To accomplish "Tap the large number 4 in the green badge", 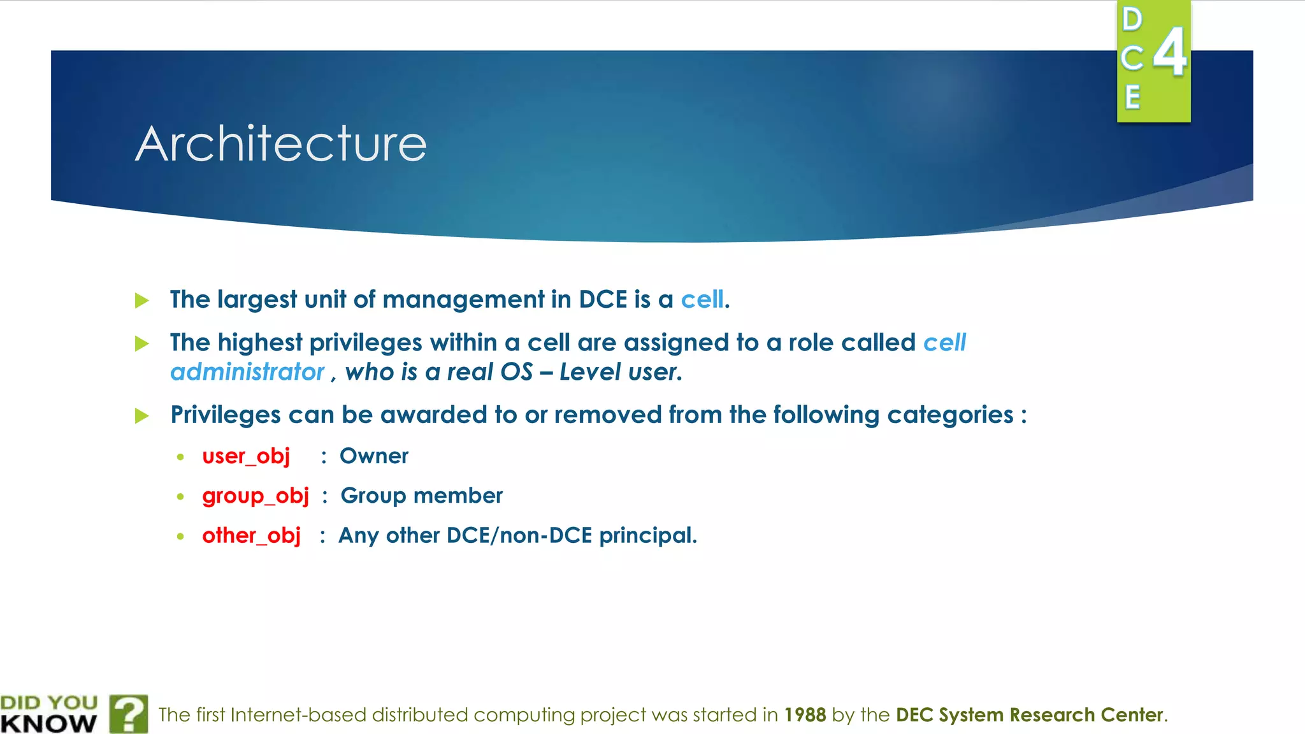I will [x=1170, y=52].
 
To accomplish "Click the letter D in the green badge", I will [x=1132, y=20].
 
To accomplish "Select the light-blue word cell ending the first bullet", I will [x=702, y=299].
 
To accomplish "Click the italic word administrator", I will [x=247, y=372].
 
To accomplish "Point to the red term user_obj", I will [x=246, y=456].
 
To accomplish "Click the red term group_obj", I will [x=256, y=496].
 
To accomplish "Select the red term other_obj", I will [x=251, y=535].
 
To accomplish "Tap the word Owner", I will [x=374, y=456].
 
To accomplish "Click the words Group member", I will [x=421, y=496].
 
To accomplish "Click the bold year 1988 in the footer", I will [x=805, y=715].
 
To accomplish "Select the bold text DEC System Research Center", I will [x=1030, y=715].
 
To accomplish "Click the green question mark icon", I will [x=129, y=714].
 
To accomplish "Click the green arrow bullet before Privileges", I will [x=142, y=416].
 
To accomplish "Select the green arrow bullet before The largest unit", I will [x=142, y=300].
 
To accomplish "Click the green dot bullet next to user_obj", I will [x=181, y=457].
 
